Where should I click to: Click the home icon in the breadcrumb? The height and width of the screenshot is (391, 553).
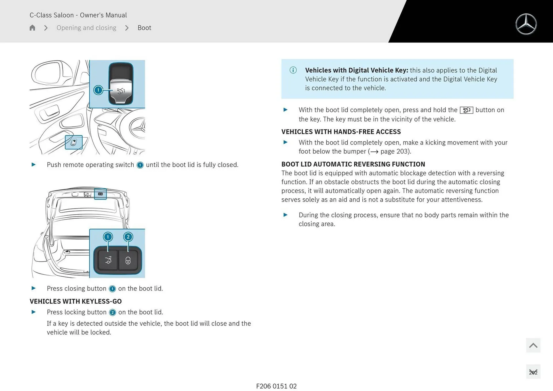32,28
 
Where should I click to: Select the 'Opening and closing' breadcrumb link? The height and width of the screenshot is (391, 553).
86,28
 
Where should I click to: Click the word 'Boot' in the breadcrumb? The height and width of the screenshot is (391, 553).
144,28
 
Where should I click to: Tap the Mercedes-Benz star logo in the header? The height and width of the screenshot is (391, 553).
526,24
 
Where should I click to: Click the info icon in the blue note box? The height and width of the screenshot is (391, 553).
293,70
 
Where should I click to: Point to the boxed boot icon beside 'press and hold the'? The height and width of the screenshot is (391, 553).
466,110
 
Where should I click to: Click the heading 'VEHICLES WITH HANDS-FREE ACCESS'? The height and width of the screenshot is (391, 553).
341,132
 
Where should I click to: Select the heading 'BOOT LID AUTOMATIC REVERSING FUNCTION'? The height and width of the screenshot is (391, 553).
353,164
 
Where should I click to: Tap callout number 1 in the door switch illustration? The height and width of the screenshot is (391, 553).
98,90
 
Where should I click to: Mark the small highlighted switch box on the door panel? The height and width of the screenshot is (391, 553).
74,142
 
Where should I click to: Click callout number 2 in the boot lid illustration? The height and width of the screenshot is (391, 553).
128,237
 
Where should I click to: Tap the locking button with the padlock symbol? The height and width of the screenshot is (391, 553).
128,260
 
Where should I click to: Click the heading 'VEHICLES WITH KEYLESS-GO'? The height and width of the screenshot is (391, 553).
75,301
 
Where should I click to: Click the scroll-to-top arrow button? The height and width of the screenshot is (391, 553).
533,345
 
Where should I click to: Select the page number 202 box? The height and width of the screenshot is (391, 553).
533,372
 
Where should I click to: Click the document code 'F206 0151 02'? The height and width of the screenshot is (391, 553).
276,386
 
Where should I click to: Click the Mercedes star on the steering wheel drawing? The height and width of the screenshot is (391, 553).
138,128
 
